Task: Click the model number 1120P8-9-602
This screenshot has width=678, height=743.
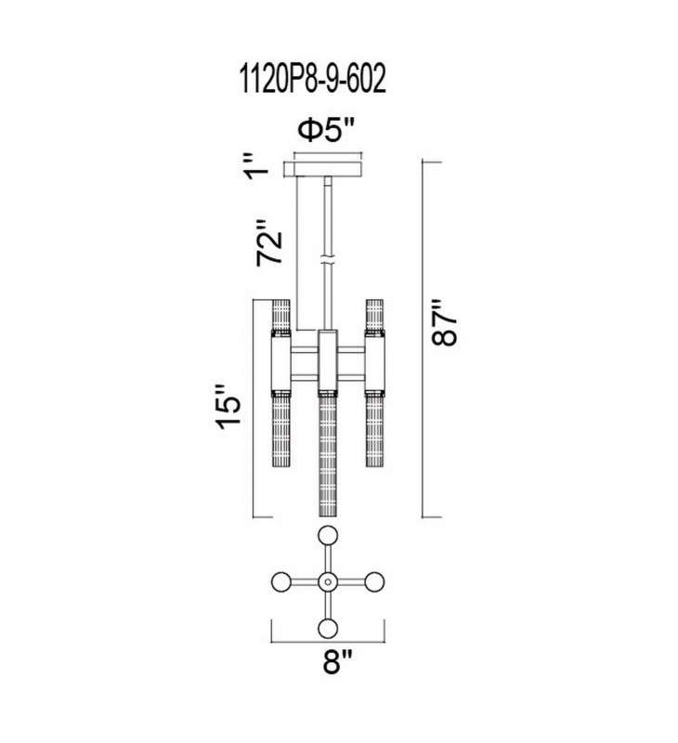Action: click(313, 79)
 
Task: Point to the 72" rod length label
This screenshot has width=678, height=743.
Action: click(269, 242)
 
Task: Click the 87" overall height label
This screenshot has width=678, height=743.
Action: click(444, 322)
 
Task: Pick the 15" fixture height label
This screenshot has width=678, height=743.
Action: click(228, 408)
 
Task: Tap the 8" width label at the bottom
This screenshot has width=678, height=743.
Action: click(338, 661)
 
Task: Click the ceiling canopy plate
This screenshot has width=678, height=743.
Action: click(322, 169)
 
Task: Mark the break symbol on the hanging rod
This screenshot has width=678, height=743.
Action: click(328, 261)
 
